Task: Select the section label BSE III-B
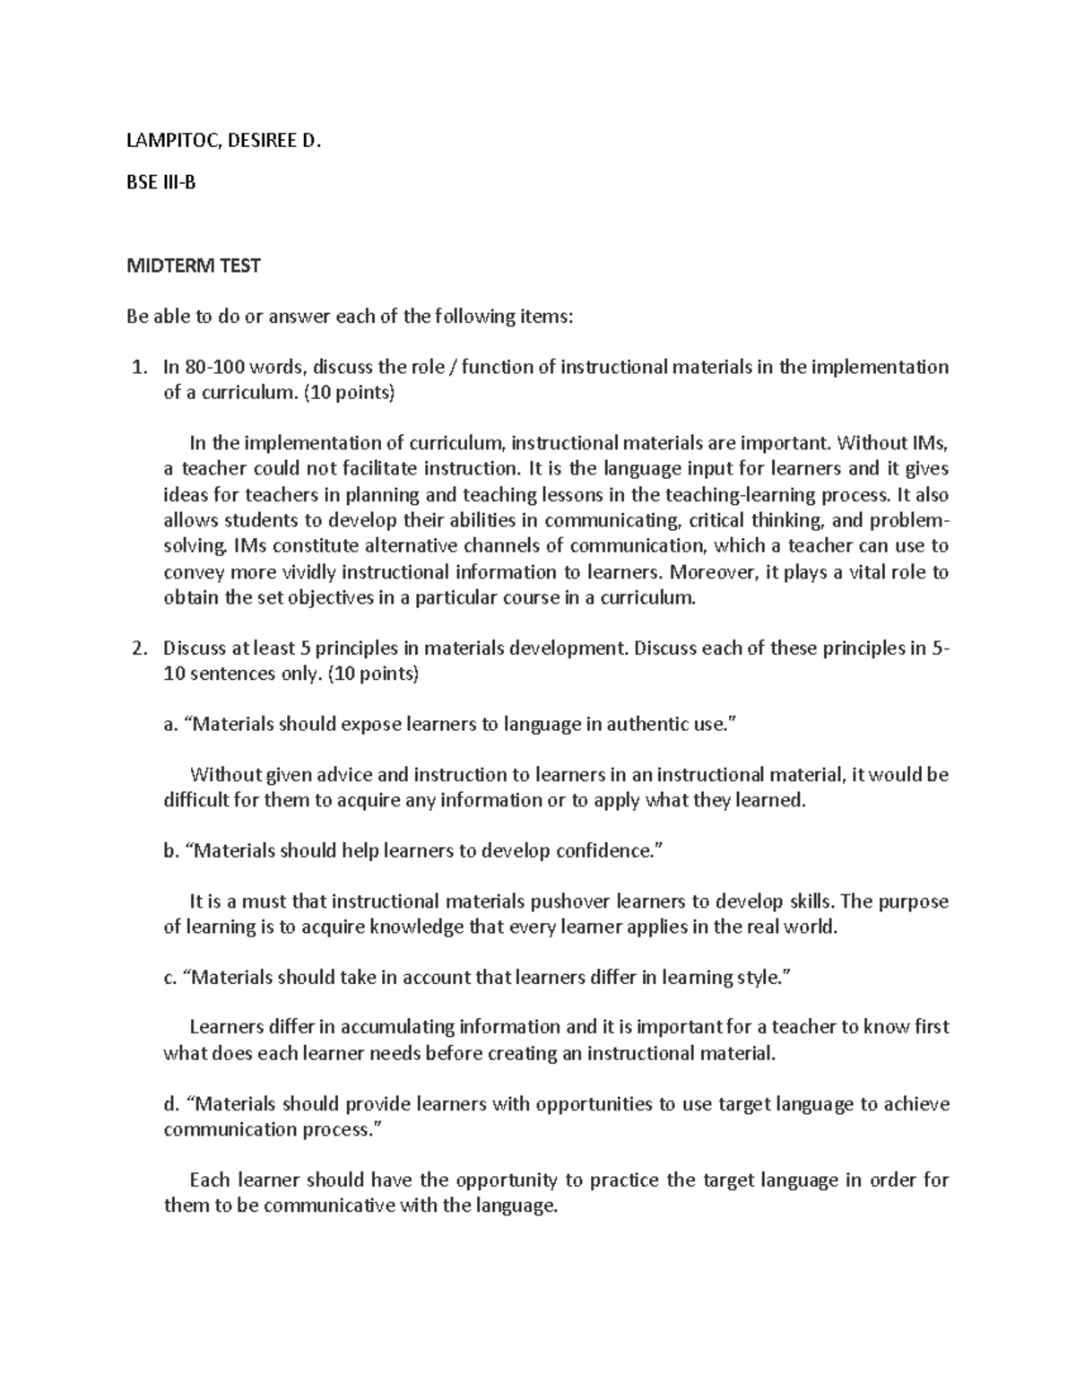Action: point(161,183)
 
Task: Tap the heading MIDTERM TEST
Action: point(193,266)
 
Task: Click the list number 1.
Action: point(137,367)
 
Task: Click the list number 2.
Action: point(137,648)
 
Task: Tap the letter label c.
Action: point(169,978)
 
